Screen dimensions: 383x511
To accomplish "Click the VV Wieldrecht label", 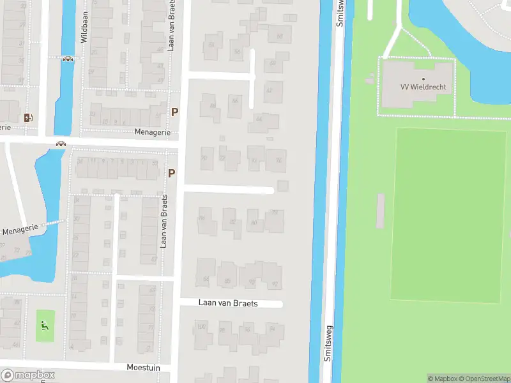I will (x=423, y=87).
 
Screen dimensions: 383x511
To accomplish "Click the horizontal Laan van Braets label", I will (x=227, y=303).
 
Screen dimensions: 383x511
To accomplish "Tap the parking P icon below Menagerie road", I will (x=171, y=173).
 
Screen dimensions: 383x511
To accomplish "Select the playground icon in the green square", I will (x=44, y=325).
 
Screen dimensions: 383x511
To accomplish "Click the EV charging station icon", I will (x=27, y=117).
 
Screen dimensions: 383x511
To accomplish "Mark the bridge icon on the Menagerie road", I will (x=61, y=144).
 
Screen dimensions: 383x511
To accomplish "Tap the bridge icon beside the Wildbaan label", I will (x=68, y=59).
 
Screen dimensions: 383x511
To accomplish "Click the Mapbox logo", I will (x=28, y=375).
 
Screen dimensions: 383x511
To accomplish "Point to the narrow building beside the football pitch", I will (x=381, y=211).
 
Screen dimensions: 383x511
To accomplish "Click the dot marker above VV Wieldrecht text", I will (x=423, y=79).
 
